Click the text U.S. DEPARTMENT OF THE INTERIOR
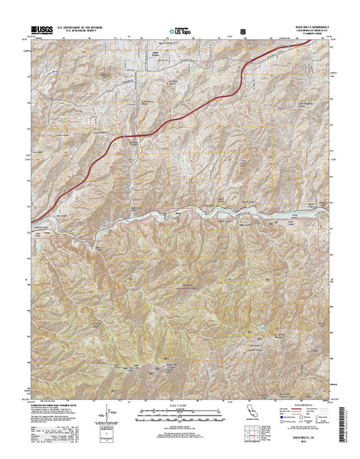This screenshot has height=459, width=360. (83, 28)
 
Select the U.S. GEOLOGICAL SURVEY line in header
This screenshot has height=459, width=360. (83, 32)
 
